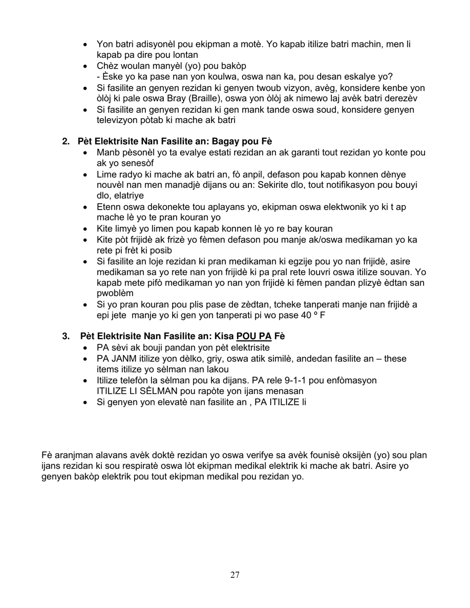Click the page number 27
point(235,574)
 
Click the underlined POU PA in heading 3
point(254,336)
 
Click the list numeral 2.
point(65,141)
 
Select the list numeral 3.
point(65,336)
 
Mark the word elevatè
point(163,402)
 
